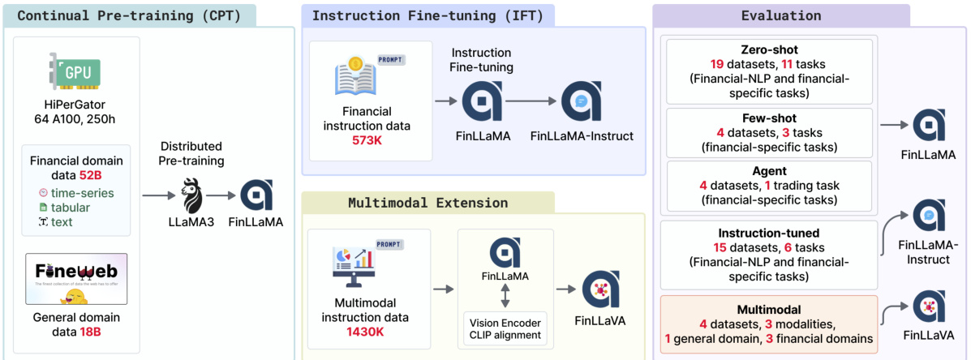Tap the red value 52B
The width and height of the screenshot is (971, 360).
coord(112,175)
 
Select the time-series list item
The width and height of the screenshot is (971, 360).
coord(82,193)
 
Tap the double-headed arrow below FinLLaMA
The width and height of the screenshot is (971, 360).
coord(505,294)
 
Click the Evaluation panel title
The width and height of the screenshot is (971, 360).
coord(780,15)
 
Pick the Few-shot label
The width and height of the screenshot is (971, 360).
coord(767,118)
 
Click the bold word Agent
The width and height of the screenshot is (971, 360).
coord(767,170)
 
